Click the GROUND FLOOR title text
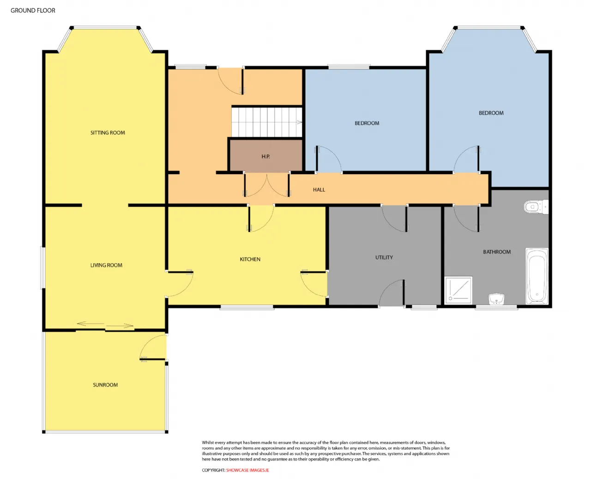click(x=33, y=11)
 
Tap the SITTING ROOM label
click(x=108, y=133)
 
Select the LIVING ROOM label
click(x=106, y=265)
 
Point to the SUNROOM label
click(x=105, y=385)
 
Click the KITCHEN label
click(x=250, y=259)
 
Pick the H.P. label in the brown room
click(x=265, y=157)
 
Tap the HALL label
click(x=319, y=189)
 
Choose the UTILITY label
click(x=384, y=257)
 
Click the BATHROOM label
click(x=497, y=252)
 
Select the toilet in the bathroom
click(x=536, y=207)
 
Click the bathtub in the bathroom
click(x=537, y=276)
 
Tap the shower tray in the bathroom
click(x=458, y=290)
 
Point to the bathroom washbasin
click(x=496, y=299)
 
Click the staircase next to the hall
click(x=267, y=122)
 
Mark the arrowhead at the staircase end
click(x=300, y=122)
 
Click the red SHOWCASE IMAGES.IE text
click(x=247, y=470)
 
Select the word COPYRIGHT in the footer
click(x=213, y=470)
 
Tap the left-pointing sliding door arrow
click(x=90, y=324)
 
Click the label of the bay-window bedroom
click(x=491, y=113)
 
